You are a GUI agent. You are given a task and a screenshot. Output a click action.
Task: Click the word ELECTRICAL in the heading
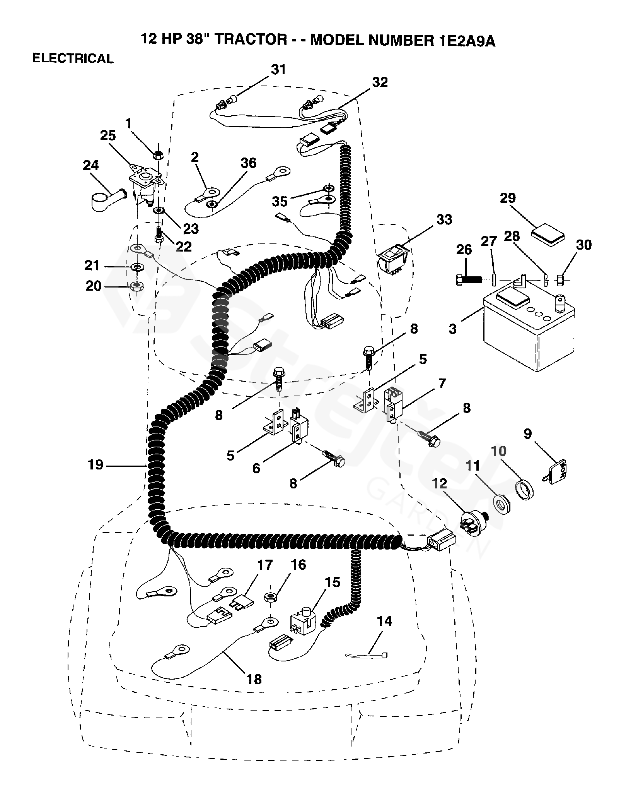73,58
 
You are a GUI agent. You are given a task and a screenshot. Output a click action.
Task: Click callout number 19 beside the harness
95,464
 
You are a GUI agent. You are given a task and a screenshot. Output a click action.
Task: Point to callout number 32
380,82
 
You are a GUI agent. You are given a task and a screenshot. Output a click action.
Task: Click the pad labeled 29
548,233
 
